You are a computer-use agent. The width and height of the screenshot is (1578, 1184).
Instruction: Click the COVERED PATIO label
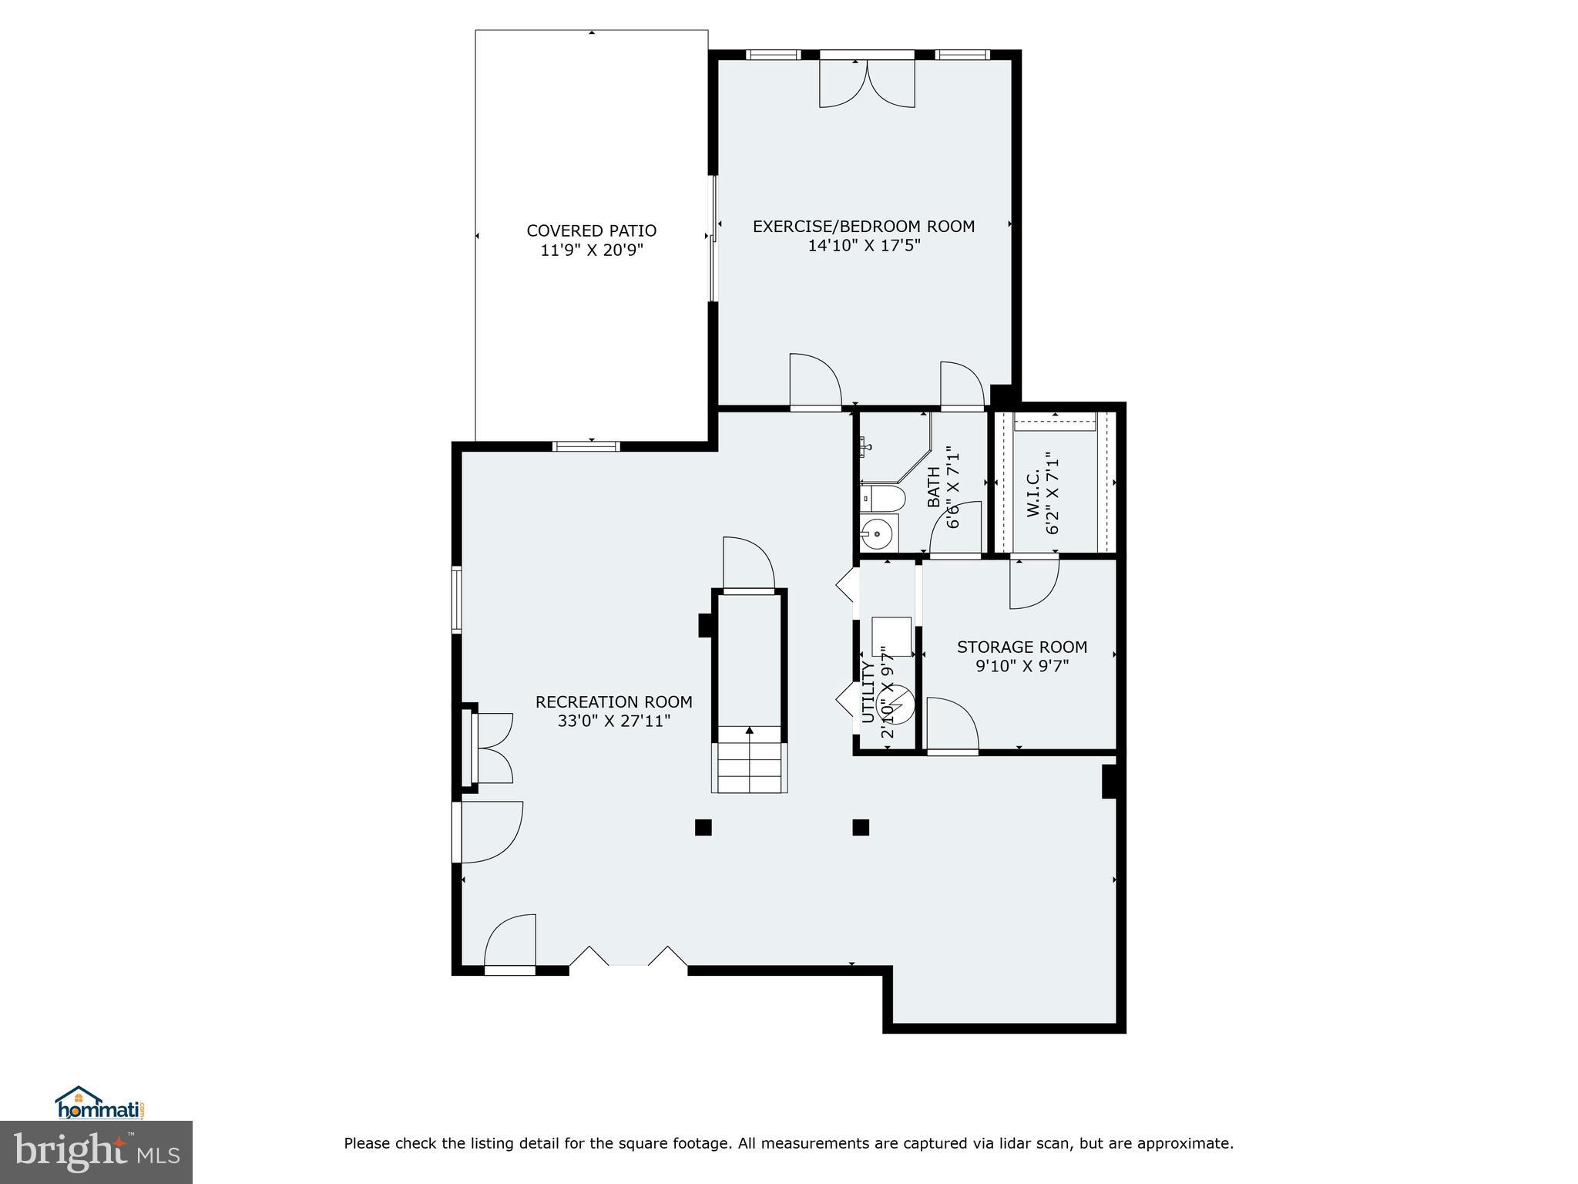[591, 230]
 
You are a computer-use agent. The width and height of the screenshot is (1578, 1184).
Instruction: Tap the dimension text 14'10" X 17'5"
[864, 246]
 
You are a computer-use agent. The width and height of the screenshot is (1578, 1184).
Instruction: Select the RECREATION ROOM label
[613, 702]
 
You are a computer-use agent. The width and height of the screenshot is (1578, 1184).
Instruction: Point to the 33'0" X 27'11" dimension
[613, 721]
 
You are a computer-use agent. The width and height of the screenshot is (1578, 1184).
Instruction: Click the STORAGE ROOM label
[1022, 647]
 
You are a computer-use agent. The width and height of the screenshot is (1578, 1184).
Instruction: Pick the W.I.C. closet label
[1033, 493]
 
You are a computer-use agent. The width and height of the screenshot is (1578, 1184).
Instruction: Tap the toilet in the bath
[882, 499]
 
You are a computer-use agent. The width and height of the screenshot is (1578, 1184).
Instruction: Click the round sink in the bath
[877, 533]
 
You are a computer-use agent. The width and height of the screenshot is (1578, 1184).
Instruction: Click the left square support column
[703, 827]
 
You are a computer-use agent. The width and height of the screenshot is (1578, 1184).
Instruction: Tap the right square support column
[861, 827]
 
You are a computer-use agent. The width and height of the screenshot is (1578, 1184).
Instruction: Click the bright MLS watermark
[96, 1153]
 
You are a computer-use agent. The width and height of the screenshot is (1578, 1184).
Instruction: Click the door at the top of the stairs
[747, 567]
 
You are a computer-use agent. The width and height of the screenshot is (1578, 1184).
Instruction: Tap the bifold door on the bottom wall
[628, 957]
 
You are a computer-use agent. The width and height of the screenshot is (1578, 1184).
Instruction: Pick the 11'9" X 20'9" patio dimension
[591, 251]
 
